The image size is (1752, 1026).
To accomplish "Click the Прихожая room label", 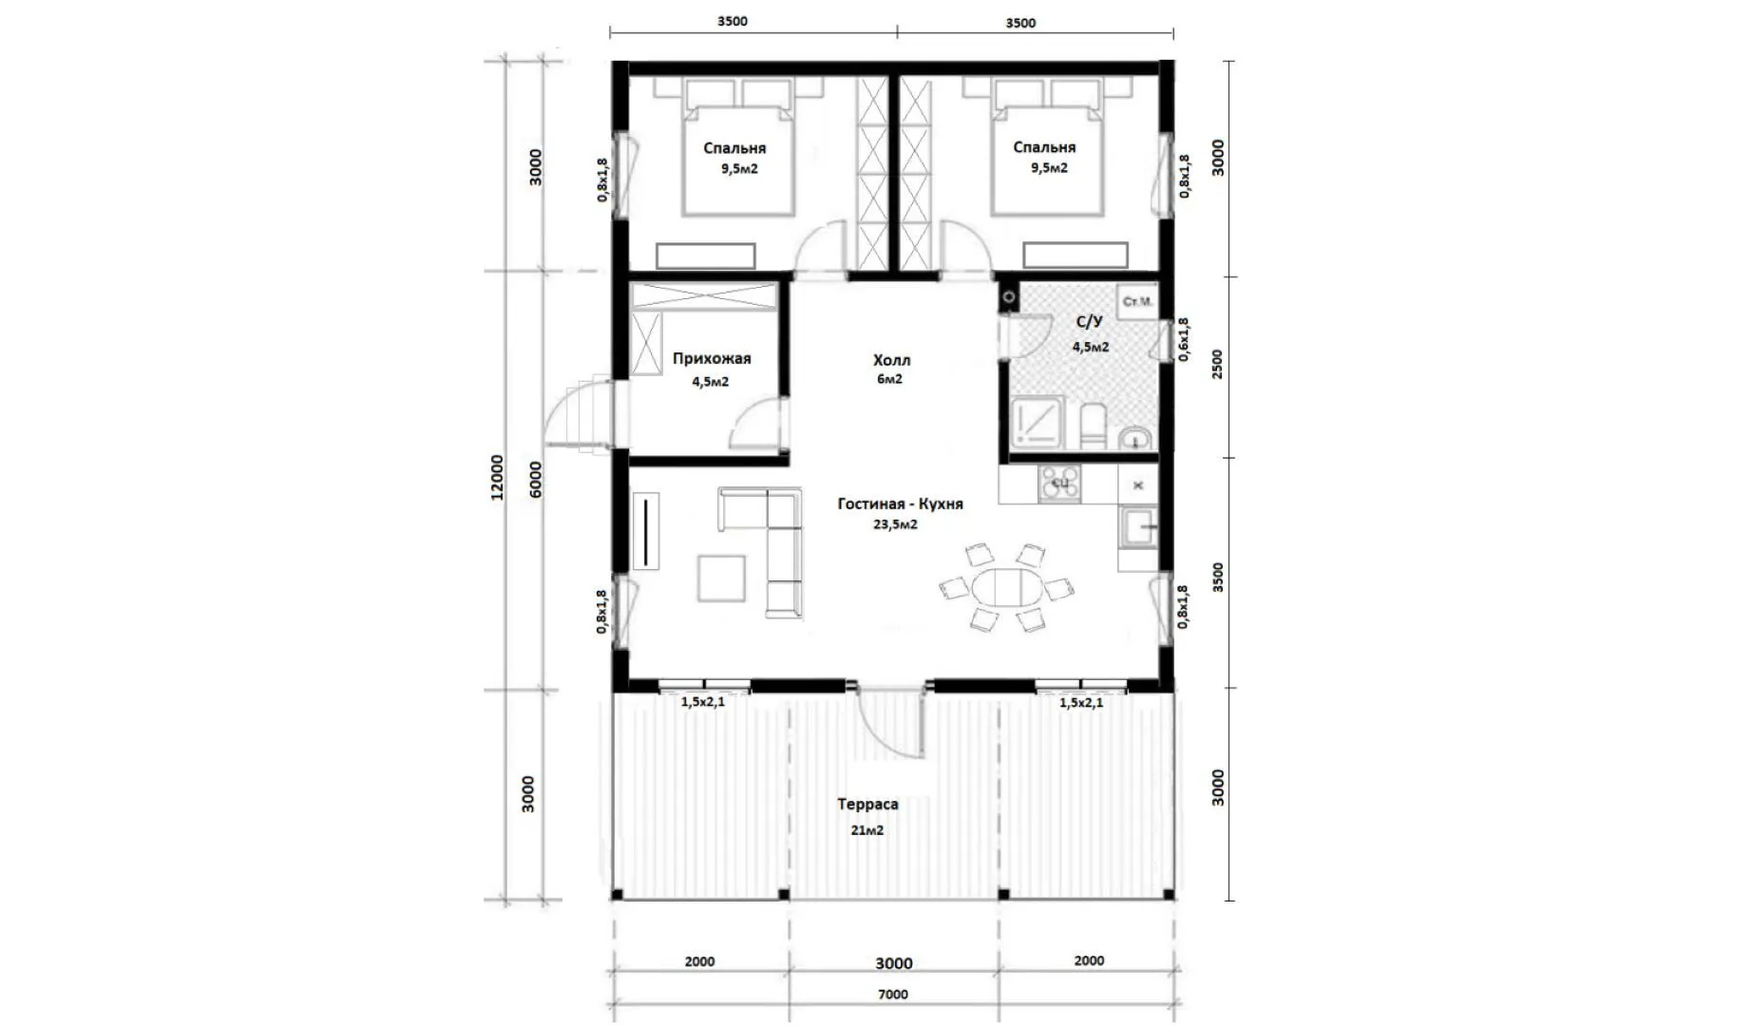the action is pos(712,358).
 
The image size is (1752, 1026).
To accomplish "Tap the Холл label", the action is pos(891,360).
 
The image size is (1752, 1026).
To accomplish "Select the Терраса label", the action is pos(867,804).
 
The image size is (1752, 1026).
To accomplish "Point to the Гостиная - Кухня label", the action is pos(900,503).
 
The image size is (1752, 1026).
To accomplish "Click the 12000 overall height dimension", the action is pos(497,478).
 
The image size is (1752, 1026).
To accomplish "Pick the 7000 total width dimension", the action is pos(892,995).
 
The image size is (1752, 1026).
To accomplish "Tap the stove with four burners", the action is pos(1058,483).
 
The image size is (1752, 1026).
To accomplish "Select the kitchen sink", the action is pos(1137,528).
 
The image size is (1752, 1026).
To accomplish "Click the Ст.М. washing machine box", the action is pos(1137,301).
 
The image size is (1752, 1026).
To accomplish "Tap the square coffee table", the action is pos(721,579).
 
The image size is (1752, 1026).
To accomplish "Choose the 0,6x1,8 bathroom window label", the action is pos(1183,340).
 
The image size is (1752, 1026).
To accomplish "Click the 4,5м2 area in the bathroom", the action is pos(1091,347).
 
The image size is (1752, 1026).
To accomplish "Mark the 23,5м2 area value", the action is pos(895,524).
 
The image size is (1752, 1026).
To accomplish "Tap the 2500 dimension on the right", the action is pos(1218,364).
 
